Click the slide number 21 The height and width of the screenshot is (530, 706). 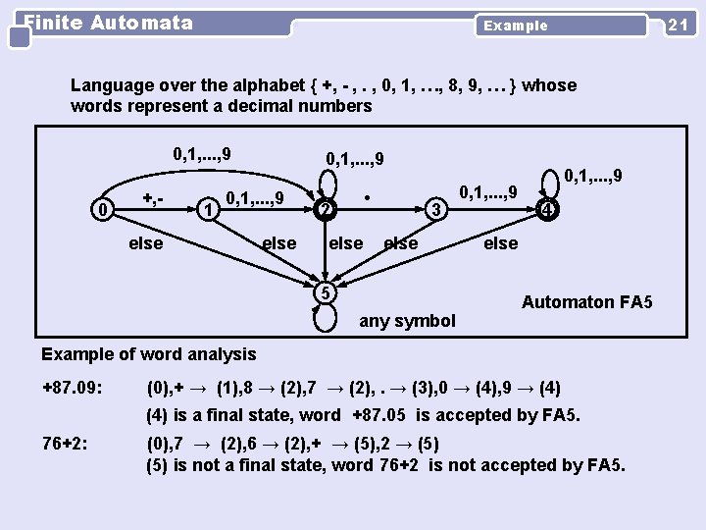[677, 25]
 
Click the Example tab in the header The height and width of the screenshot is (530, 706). [516, 26]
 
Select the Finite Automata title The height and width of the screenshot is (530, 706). [108, 22]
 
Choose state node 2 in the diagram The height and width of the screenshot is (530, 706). [325, 208]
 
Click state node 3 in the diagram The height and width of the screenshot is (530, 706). [438, 208]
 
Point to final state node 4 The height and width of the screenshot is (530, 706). [550, 208]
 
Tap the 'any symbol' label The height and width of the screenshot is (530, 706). [408, 320]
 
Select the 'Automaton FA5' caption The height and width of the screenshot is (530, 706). [586, 302]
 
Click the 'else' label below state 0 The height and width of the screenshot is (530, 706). [146, 242]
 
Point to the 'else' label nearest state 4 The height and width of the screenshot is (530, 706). [500, 242]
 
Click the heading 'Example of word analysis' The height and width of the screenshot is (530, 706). [148, 354]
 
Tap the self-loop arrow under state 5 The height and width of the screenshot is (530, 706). [325, 319]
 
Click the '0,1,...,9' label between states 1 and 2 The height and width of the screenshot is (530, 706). [255, 199]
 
